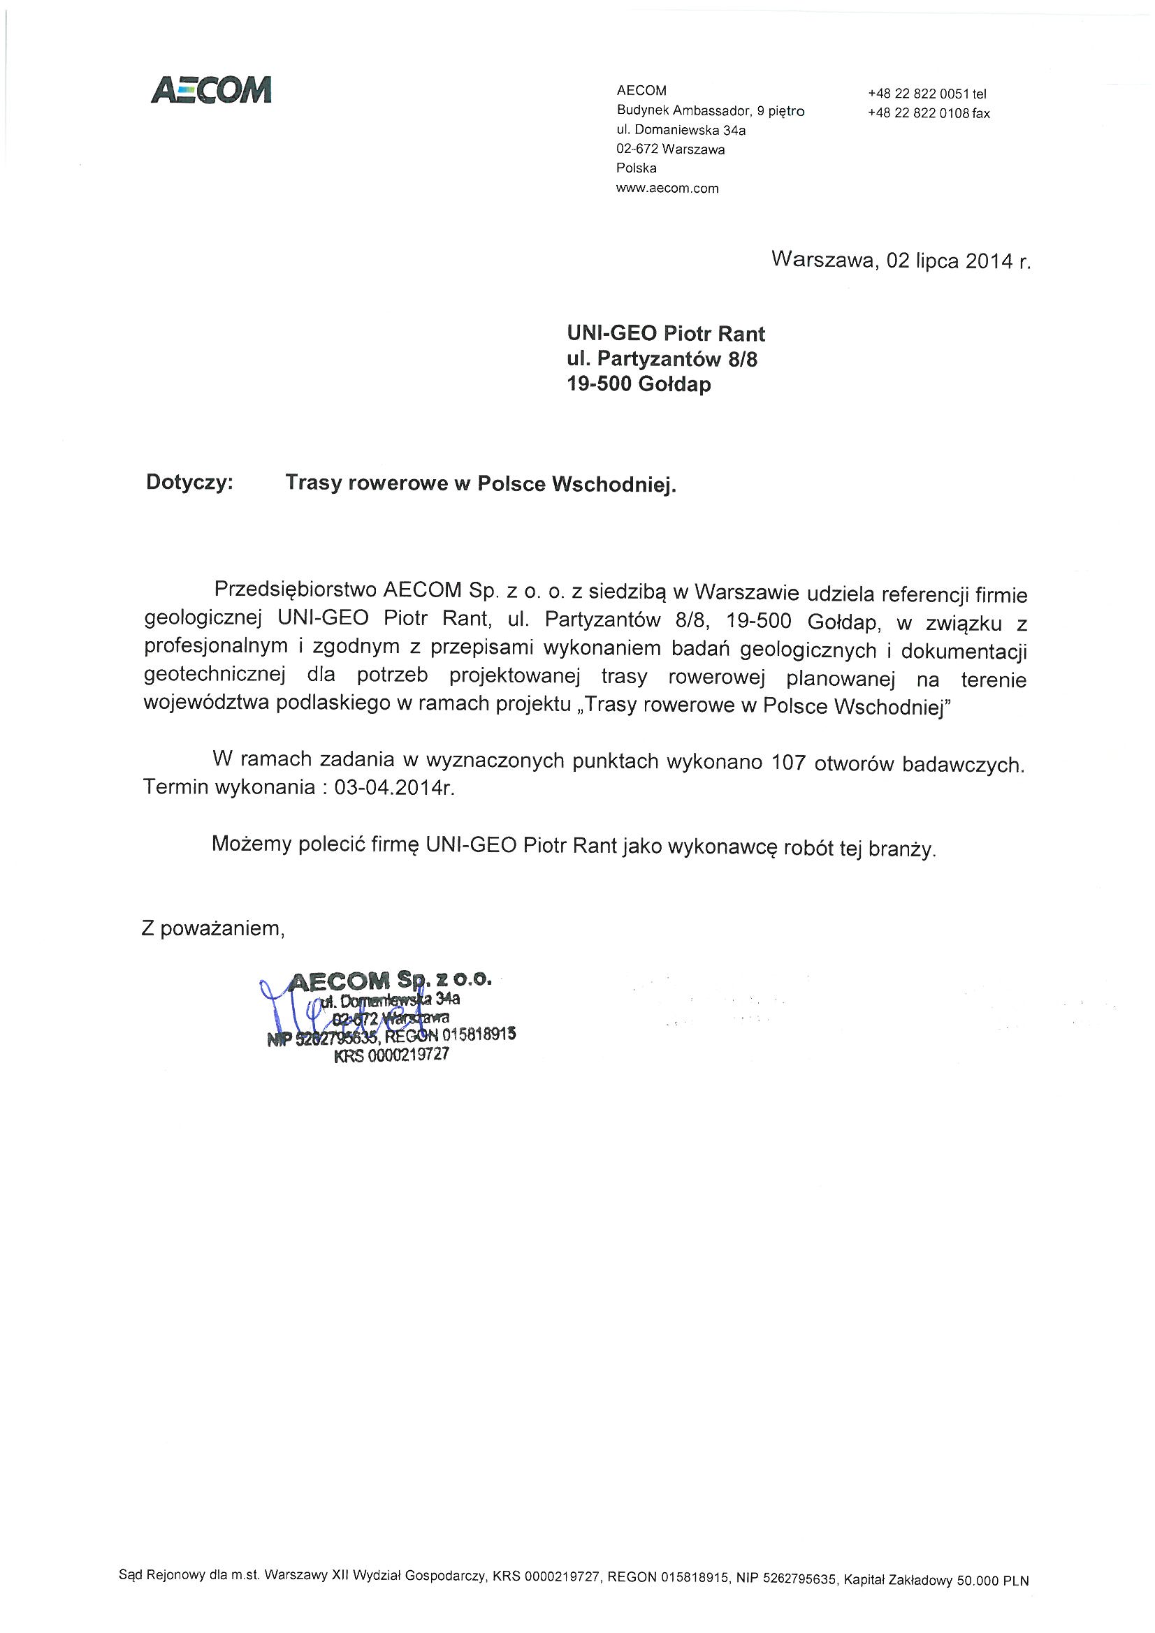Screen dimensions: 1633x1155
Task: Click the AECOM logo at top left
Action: pyautogui.click(x=211, y=90)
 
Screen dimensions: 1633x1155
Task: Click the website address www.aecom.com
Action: pyautogui.click(x=667, y=189)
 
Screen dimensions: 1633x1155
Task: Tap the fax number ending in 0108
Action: pyautogui.click(x=928, y=113)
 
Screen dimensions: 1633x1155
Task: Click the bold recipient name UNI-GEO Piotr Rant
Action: pyautogui.click(x=665, y=334)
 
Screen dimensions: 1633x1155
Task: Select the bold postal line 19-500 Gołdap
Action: pyautogui.click(x=639, y=384)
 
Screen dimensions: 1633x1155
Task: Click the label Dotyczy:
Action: pyautogui.click(x=189, y=482)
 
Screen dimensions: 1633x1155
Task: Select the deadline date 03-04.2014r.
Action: pyautogui.click(x=388, y=789)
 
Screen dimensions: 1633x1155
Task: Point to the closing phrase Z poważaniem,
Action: pyautogui.click(x=214, y=929)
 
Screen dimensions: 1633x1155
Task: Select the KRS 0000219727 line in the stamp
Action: pyautogui.click(x=391, y=1055)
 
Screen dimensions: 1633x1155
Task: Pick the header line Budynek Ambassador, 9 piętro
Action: pyautogui.click(x=710, y=110)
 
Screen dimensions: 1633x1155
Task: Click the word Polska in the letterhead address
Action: pyautogui.click(x=637, y=168)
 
